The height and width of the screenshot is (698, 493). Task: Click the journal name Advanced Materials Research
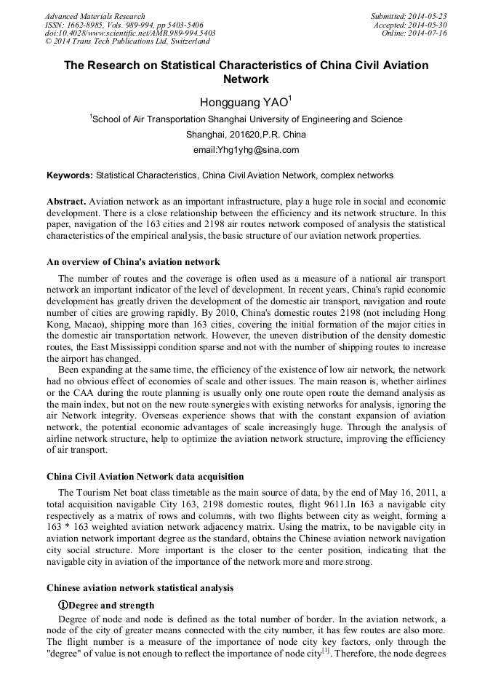point(95,16)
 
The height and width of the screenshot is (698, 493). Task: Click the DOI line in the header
point(130,33)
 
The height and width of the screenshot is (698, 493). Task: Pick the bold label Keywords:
point(70,175)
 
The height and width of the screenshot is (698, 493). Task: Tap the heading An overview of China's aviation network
point(133,262)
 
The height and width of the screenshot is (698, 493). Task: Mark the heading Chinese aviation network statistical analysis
point(140,587)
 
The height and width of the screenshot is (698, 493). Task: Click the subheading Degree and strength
point(111,606)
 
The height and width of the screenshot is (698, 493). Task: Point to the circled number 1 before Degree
point(63,606)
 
